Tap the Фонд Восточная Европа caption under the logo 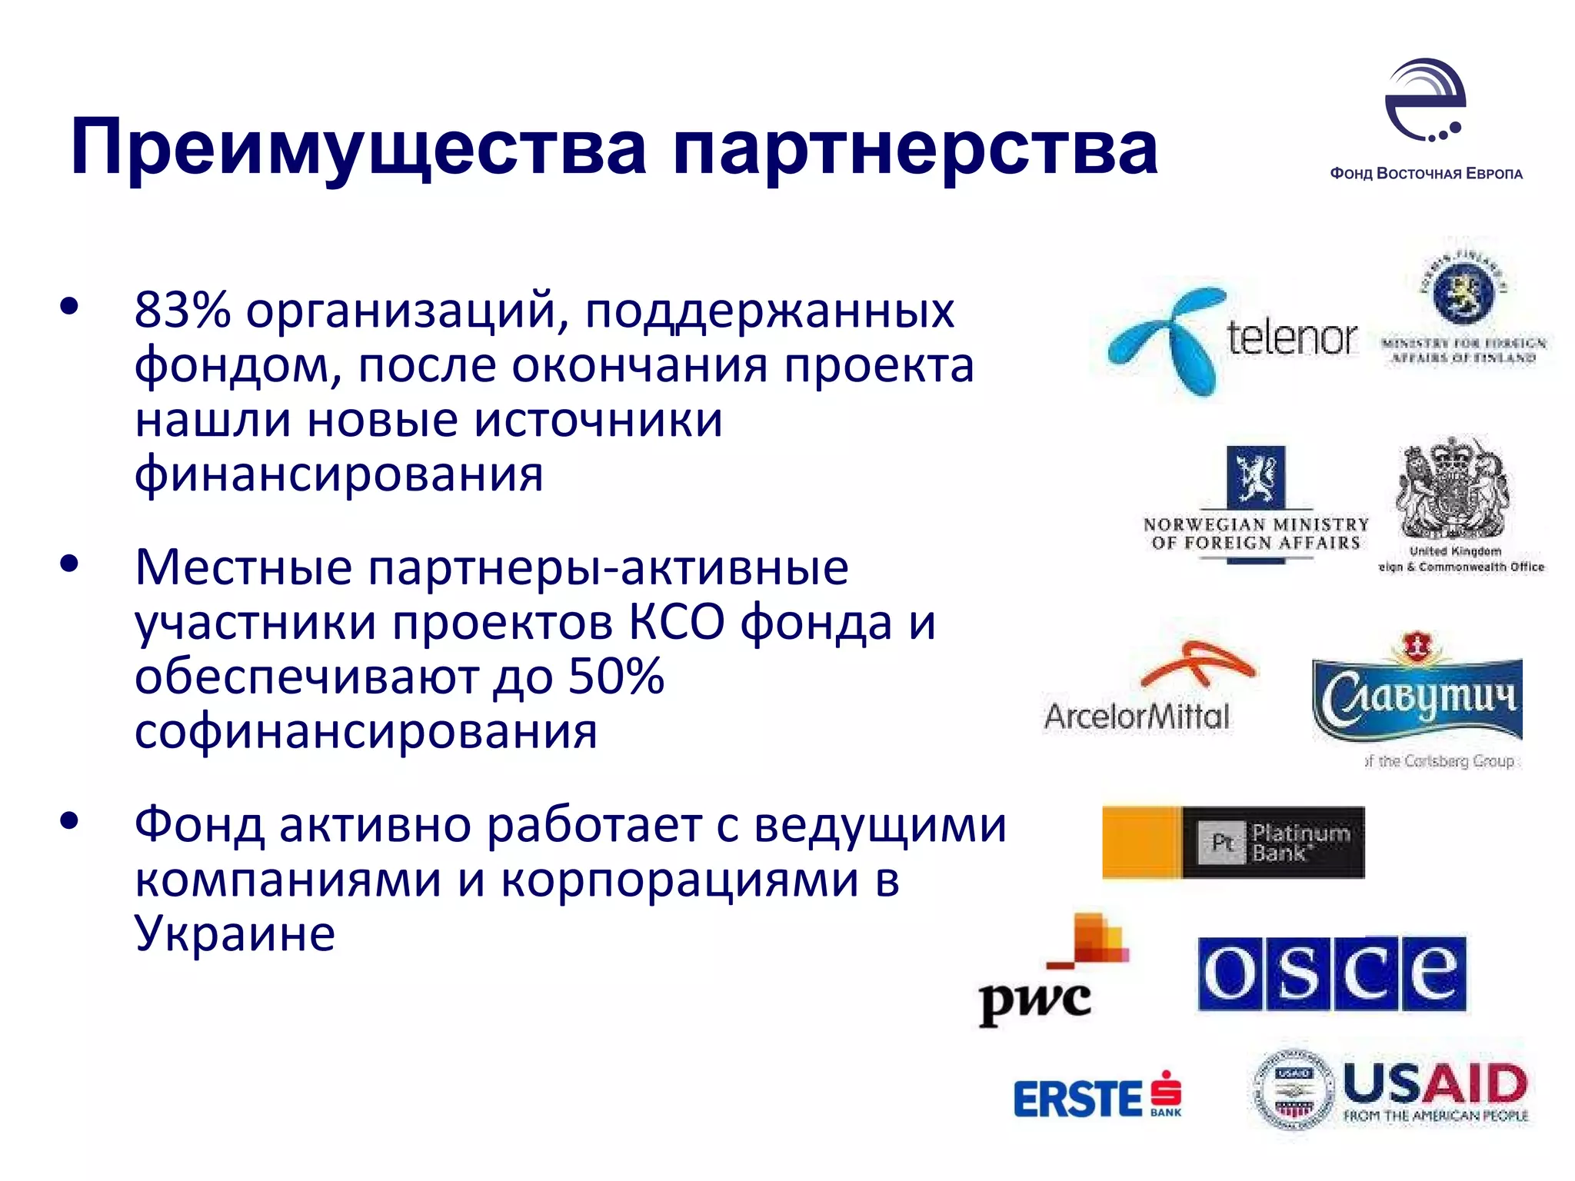pyautogui.click(x=1426, y=174)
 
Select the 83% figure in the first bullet pyautogui.click(x=182, y=311)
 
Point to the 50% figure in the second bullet pyautogui.click(x=616, y=677)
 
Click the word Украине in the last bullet pyautogui.click(x=235, y=933)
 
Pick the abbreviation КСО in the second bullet pyautogui.click(x=676, y=622)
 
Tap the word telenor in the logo pyautogui.click(x=1292, y=338)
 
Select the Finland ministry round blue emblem pyautogui.click(x=1463, y=293)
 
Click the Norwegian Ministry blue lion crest pyautogui.click(x=1255, y=477)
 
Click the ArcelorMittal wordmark pyautogui.click(x=1137, y=717)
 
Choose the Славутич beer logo pyautogui.click(x=1417, y=694)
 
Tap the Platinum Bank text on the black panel pyautogui.click(x=1300, y=843)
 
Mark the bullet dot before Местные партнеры pyautogui.click(x=69, y=564)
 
